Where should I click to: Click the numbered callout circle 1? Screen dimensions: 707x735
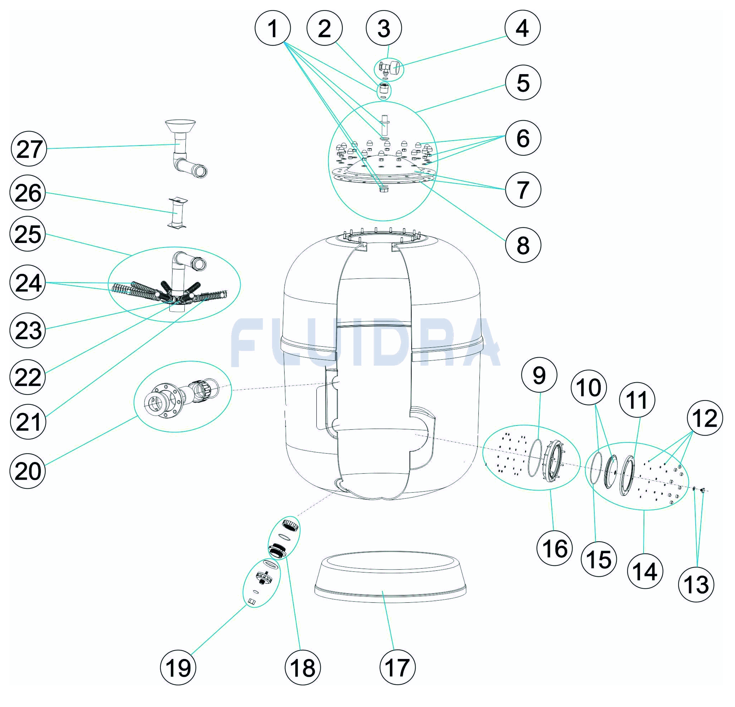(x=273, y=28)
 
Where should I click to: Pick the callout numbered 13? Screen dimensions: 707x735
(x=696, y=584)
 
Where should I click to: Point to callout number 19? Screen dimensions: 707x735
(x=178, y=667)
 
